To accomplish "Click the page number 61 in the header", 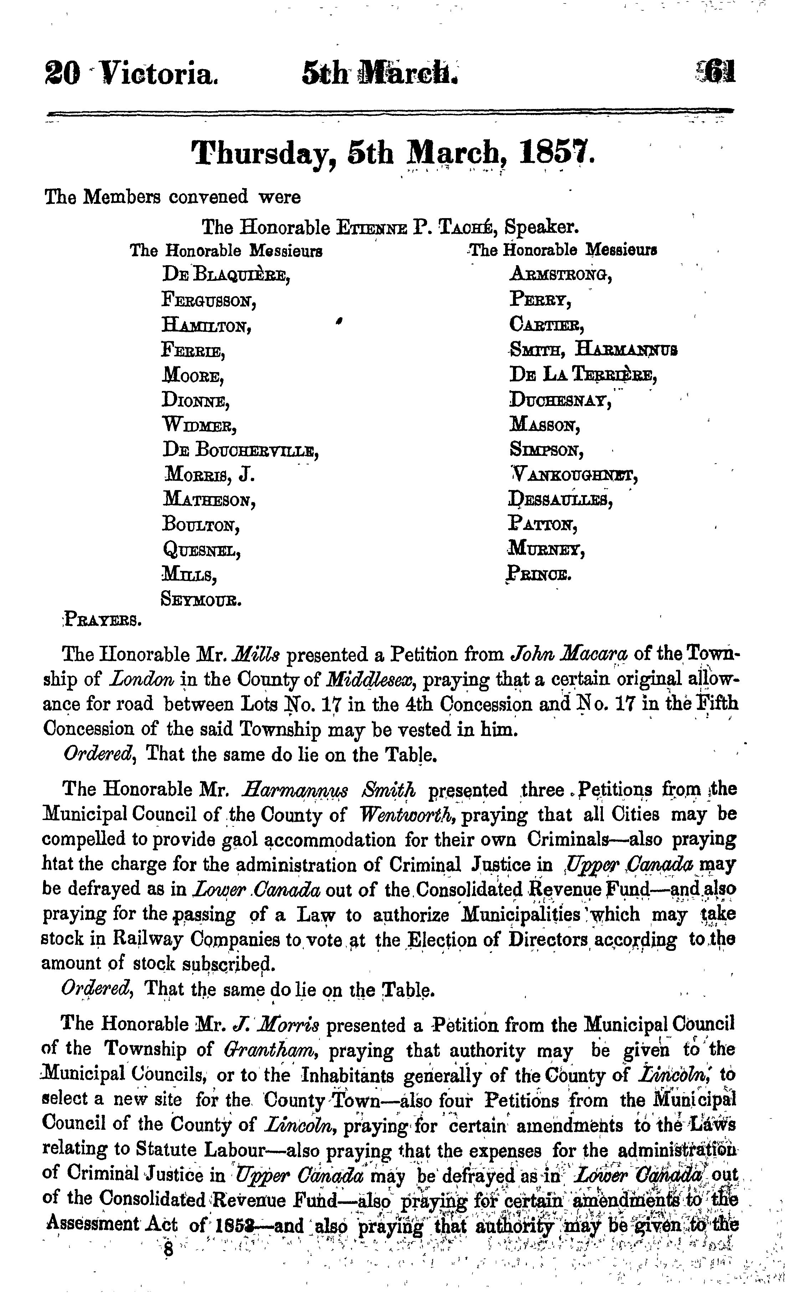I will point(719,72).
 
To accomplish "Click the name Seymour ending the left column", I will point(201,599).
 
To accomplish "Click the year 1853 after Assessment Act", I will point(234,1225).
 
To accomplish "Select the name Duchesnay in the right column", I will point(560,400).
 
